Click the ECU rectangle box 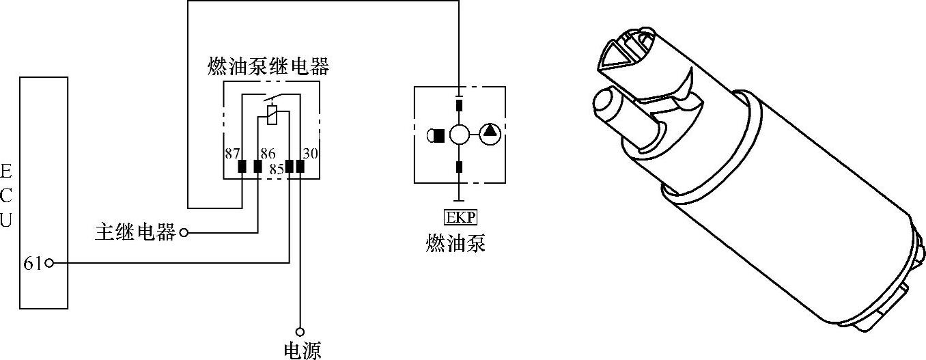point(44,192)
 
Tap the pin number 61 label point(32,263)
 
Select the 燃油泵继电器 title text point(268,67)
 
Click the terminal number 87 point(233,154)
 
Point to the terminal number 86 point(267,154)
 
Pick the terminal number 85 point(276,169)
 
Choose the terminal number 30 point(310,154)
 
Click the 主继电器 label point(135,233)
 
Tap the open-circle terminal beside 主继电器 point(183,234)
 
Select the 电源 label point(302,350)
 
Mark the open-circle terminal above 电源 point(300,331)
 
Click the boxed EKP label point(460,218)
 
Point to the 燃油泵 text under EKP point(455,243)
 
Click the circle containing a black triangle point(490,134)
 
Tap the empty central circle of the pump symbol point(460,135)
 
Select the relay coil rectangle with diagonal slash point(272,115)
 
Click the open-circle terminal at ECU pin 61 point(49,263)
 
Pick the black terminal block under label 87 point(242,166)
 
